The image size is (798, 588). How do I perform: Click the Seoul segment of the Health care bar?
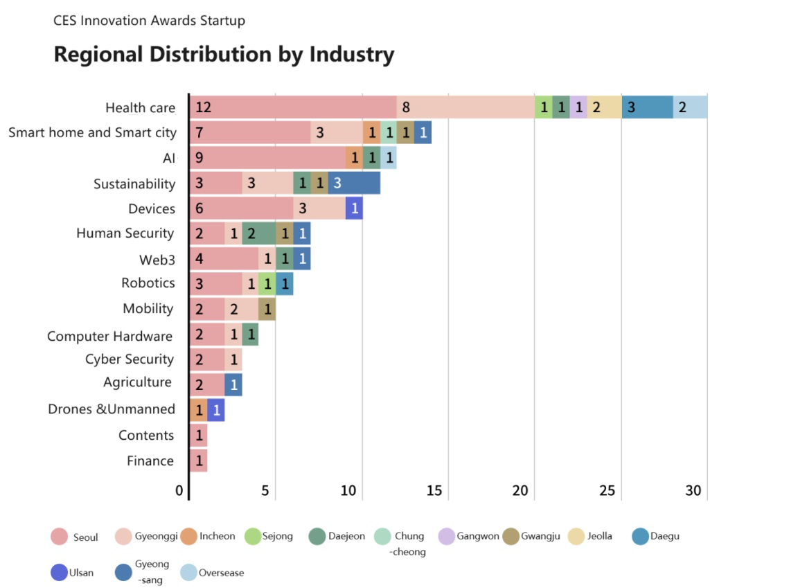[292, 107]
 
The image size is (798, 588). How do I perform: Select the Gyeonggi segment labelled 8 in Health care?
[465, 107]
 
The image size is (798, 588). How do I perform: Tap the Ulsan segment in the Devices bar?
[354, 208]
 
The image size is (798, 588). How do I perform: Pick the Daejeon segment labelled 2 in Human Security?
[258, 233]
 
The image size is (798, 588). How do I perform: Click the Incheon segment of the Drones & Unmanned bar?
[198, 410]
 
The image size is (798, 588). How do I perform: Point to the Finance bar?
[198, 461]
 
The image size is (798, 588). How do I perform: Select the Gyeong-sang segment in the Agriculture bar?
[233, 384]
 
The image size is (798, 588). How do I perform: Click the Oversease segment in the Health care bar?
[690, 107]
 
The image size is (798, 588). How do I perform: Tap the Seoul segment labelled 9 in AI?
[267, 158]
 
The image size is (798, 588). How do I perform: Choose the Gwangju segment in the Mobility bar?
[267, 309]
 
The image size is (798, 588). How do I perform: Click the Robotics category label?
[148, 283]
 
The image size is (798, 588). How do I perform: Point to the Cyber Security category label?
[129, 359]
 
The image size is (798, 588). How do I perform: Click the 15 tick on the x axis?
[434, 491]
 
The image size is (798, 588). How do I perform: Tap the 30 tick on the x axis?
[693, 491]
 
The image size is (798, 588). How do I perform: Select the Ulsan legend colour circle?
[59, 573]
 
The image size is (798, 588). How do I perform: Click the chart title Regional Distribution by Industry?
[224, 54]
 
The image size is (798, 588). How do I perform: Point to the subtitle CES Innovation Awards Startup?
[149, 21]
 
